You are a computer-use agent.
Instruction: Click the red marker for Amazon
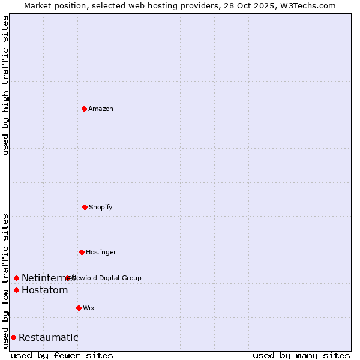point(85,109)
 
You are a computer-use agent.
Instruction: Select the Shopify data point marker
point(85,207)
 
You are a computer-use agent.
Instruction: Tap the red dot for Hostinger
point(82,252)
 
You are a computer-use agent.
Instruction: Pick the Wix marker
point(79,308)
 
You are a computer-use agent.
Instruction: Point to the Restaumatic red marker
point(13,337)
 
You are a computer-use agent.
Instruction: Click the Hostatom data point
point(16,290)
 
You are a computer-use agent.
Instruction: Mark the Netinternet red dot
point(16,278)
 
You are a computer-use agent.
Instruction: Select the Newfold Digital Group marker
point(67,278)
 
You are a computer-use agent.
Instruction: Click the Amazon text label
point(101,109)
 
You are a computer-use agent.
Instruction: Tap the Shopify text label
point(101,207)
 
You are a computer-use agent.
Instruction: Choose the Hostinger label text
point(101,252)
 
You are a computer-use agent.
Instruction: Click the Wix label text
point(89,308)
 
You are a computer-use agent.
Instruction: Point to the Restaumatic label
point(48,337)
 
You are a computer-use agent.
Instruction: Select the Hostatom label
point(44,290)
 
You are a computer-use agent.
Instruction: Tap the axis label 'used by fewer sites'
point(62,355)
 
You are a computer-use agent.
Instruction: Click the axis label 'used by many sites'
point(301,355)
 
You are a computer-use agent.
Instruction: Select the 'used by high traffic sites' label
point(5,85)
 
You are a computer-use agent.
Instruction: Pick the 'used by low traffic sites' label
point(5,280)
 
